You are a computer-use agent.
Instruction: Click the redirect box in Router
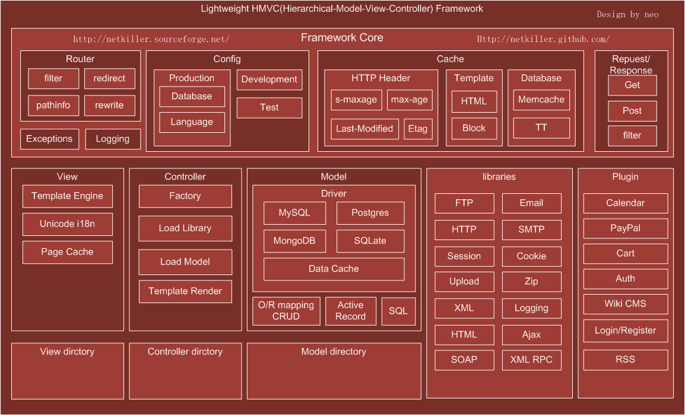coord(109,78)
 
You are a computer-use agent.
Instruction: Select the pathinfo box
coord(53,106)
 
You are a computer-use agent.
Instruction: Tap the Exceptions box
coord(49,139)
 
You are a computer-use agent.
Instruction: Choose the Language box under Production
coord(192,122)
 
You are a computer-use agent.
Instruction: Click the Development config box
coord(269,79)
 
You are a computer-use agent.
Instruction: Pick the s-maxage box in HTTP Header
coord(356,100)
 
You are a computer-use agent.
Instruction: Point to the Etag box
coord(417,129)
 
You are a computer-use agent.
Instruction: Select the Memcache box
coord(541,100)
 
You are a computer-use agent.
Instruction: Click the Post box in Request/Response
coord(632,111)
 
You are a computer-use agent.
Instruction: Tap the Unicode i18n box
coord(67,224)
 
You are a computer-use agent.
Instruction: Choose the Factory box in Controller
coord(185,196)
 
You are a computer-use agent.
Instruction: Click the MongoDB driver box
coord(294,241)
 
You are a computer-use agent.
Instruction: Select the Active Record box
coord(351,311)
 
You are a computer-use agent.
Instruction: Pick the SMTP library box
coord(531,229)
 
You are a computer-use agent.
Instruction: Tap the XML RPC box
coord(531,360)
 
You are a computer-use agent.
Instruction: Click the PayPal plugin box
coord(625,228)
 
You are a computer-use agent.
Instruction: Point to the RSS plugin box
coord(625,359)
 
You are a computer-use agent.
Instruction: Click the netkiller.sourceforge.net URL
coord(151,40)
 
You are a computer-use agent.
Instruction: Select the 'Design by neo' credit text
coord(627,14)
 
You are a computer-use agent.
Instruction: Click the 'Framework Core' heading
coord(342,38)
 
